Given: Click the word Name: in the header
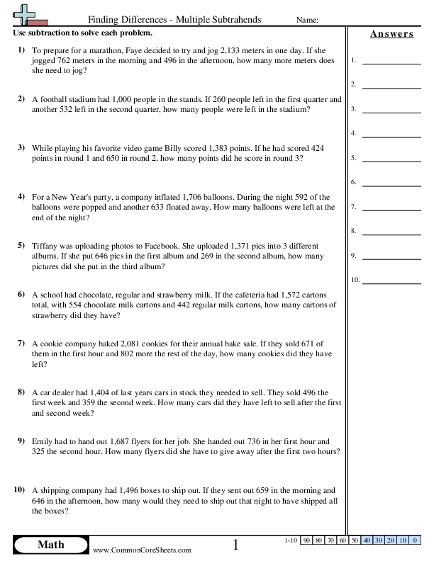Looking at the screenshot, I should click(x=305, y=21).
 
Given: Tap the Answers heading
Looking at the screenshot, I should click(x=391, y=34).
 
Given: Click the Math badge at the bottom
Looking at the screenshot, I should click(x=50, y=545).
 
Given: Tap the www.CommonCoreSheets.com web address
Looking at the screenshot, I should click(x=142, y=550).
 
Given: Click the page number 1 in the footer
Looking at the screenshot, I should click(x=236, y=545).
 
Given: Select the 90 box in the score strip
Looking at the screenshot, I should click(x=306, y=540).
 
